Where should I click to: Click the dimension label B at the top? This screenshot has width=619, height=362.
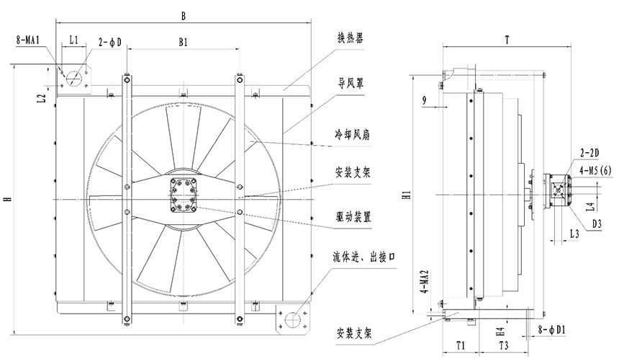184,15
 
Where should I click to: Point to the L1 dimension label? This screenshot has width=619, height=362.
74,42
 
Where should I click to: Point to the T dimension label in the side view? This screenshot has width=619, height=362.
507,41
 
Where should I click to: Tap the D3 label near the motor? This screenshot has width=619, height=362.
597,225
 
